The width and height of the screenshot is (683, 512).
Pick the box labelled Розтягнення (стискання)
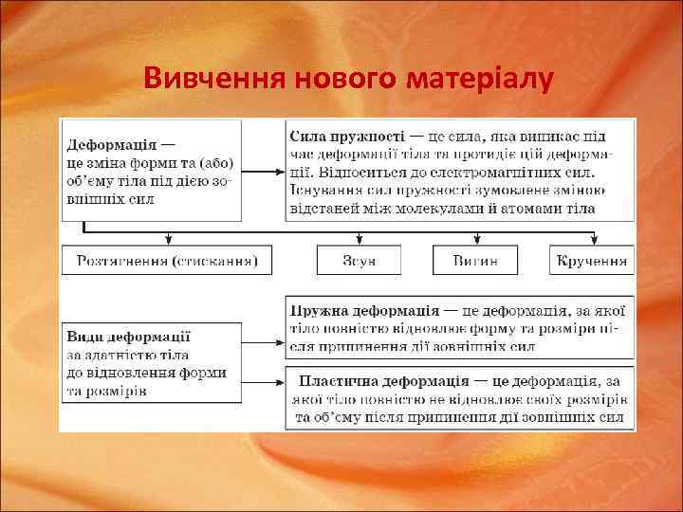[x=167, y=260]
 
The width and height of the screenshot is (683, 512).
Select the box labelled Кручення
[x=592, y=260]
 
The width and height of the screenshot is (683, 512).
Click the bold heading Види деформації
[x=128, y=337]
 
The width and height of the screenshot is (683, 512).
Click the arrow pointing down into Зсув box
[x=359, y=238]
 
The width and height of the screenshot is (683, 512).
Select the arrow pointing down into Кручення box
[x=594, y=238]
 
